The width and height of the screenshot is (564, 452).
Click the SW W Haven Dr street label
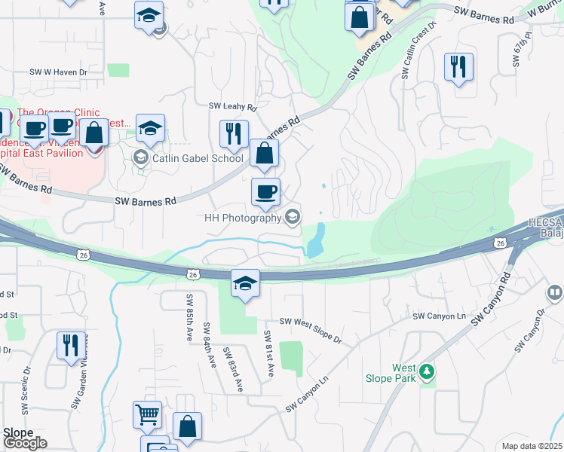[x=59, y=72]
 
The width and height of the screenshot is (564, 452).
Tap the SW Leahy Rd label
[x=233, y=107]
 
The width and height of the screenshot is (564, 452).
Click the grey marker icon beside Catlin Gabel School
[x=139, y=157]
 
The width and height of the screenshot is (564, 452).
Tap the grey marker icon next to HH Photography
[x=292, y=217]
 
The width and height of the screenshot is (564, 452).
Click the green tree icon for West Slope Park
[x=427, y=371]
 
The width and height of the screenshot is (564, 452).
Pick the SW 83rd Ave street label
[x=232, y=369]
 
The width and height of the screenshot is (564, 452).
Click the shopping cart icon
[x=147, y=414]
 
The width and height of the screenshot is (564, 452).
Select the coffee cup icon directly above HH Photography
[x=265, y=191]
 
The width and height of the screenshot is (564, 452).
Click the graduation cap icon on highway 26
[x=245, y=283]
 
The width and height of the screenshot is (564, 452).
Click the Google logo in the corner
[x=25, y=443]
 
